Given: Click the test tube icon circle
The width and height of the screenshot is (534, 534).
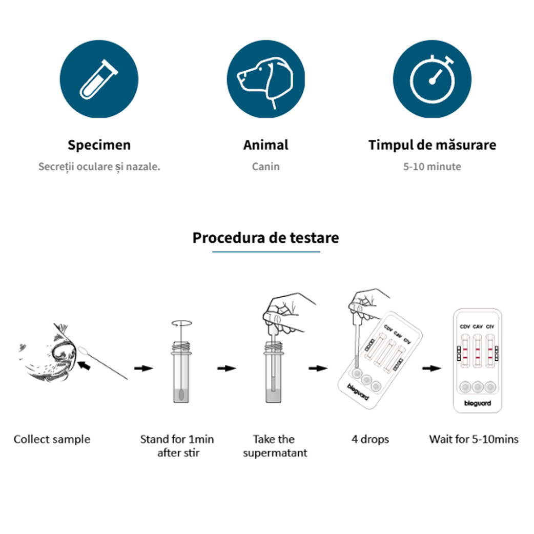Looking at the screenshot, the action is [x=99, y=79].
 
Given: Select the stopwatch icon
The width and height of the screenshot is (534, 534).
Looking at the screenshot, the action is [x=432, y=79].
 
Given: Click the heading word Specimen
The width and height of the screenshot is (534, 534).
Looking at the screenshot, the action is [x=99, y=145].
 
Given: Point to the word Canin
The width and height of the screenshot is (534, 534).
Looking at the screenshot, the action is [x=265, y=167].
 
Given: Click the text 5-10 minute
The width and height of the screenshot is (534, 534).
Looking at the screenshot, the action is [x=432, y=167].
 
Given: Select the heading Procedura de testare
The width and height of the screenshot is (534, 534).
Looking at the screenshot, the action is [x=265, y=238].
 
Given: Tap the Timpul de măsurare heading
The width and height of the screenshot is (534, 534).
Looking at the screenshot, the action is [x=432, y=145].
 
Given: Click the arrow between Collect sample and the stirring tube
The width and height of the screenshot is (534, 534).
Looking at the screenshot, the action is [x=143, y=368].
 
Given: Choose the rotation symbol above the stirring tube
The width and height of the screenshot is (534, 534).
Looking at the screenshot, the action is [x=181, y=323].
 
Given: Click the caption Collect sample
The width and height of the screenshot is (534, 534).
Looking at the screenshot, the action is [x=52, y=439].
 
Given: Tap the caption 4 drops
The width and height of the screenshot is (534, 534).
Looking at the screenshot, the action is [x=370, y=439].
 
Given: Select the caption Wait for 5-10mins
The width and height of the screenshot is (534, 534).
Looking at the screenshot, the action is [x=474, y=439].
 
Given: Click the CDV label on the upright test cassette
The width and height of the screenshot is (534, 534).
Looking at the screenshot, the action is [x=465, y=326].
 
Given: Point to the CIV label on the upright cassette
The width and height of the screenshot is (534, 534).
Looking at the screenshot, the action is [x=490, y=326].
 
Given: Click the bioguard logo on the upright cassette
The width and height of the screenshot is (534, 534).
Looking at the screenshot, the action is [x=478, y=403].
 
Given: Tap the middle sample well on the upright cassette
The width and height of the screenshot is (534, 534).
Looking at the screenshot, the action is [x=478, y=387].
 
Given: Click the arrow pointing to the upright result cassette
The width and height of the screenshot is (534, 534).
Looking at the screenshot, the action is [x=432, y=368].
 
